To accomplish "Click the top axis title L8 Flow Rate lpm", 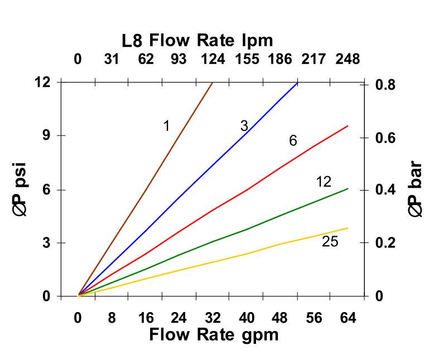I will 197,40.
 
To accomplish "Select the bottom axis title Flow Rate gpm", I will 214,334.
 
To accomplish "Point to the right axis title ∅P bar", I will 416,189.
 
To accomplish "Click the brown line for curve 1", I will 145,189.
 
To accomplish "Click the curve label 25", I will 330,242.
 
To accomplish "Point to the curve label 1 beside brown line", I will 166,127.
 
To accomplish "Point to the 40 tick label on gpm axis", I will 247,318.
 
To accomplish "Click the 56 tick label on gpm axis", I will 314,318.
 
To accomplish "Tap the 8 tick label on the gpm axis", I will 112,318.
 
